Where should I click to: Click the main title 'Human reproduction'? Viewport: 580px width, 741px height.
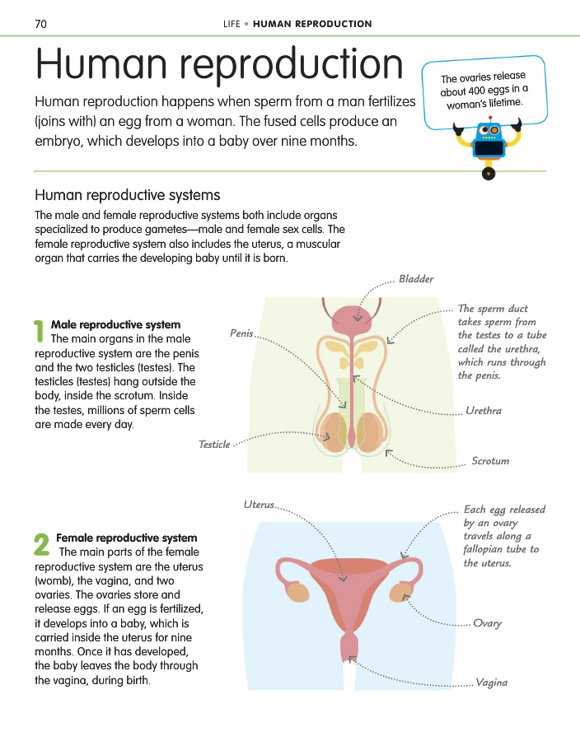pyautogui.click(x=219, y=65)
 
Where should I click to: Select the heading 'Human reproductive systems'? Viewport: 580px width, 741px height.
pyautogui.click(x=127, y=195)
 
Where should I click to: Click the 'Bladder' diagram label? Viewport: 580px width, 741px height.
pyautogui.click(x=416, y=279)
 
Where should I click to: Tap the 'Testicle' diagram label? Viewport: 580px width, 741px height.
pyautogui.click(x=214, y=445)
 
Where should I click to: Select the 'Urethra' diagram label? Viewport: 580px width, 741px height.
pyautogui.click(x=484, y=410)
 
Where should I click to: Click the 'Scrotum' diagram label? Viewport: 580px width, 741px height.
pyautogui.click(x=490, y=461)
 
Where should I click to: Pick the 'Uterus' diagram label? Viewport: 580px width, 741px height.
pyautogui.click(x=259, y=504)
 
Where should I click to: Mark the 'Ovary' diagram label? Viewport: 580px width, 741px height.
pyautogui.click(x=488, y=623)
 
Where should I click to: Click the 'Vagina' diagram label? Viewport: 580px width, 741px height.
pyautogui.click(x=491, y=683)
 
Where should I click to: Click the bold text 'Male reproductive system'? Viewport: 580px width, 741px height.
pyautogui.click(x=115, y=325)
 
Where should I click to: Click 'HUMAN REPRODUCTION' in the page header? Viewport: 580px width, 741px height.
pyautogui.click(x=312, y=24)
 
